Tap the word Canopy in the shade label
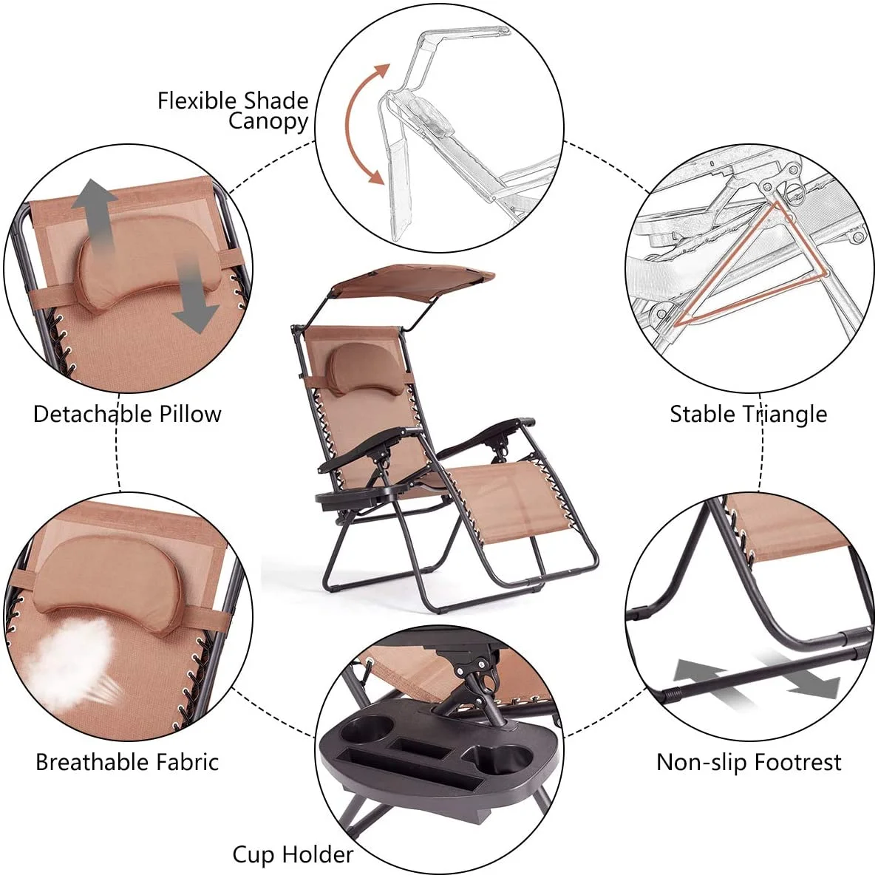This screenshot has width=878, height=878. [x=268, y=122]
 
